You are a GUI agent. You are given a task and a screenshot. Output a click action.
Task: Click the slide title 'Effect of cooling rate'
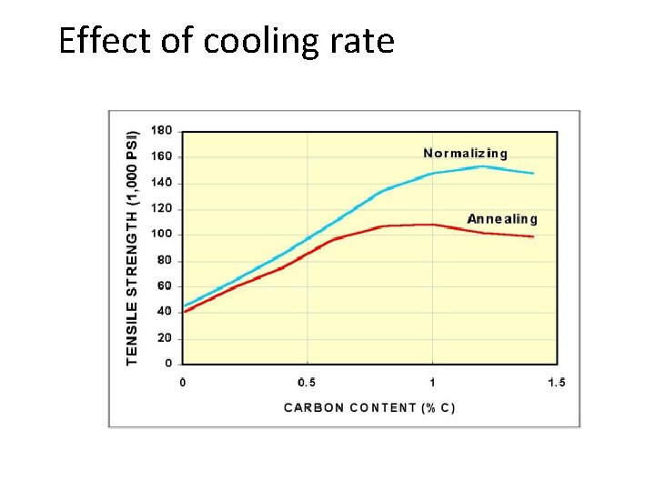coord(227,41)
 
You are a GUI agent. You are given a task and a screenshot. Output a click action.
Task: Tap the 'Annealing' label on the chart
coord(502,218)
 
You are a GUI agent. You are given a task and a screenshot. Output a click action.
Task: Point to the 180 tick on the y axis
coord(161,130)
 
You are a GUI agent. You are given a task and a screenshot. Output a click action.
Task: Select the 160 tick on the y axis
coord(161,156)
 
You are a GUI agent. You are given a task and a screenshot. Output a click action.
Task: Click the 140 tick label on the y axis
coord(161,183)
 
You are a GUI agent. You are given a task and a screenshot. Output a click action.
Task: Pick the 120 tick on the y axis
coord(161,208)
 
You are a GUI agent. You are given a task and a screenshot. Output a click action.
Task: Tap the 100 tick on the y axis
coord(161,235)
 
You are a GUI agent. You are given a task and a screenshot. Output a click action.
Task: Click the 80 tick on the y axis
coord(164,260)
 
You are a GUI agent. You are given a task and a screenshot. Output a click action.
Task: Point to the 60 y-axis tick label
coord(164,286)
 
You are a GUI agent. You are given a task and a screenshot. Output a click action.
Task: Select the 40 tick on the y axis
coord(164,312)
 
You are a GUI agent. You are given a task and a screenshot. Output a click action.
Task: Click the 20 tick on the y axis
coord(164,337)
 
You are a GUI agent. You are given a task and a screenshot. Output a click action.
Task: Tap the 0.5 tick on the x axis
coord(307,382)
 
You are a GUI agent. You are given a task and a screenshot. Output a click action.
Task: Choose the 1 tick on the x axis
coord(432,382)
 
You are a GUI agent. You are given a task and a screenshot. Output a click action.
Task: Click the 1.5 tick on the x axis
coord(556,382)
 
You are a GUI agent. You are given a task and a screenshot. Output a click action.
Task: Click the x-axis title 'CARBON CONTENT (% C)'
coord(369,407)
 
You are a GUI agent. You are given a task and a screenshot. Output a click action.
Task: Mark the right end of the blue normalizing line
coord(534,173)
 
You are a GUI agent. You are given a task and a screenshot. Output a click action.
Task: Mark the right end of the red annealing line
coord(534,236)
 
